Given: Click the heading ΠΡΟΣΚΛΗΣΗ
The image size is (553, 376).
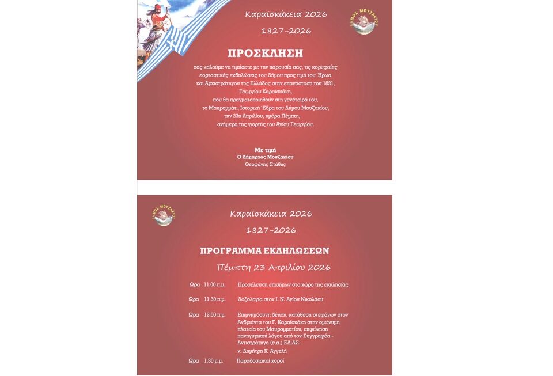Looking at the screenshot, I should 265,54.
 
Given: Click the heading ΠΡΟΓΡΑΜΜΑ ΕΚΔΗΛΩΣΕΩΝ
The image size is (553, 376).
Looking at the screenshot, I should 264,251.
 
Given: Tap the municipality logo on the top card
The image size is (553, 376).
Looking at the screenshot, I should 364,21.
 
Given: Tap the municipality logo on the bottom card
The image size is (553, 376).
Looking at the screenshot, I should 164,215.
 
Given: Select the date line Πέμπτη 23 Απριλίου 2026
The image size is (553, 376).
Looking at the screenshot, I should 273,268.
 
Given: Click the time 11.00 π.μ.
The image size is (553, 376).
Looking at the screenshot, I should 214,284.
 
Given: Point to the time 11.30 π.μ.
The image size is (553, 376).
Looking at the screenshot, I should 214,299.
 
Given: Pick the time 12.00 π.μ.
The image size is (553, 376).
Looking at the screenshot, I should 214,315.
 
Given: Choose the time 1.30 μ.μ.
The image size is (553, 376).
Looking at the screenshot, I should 214,361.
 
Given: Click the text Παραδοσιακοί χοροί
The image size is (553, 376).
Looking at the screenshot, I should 260,361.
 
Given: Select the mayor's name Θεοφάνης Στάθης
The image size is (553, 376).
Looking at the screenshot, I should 265,164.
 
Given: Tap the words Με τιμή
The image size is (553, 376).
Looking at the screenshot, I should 265,150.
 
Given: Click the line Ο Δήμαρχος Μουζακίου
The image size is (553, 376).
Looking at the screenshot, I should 265,157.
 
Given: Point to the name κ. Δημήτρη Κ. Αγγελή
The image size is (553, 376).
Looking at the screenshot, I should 262,351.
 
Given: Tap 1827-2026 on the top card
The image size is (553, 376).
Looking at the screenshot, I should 286,31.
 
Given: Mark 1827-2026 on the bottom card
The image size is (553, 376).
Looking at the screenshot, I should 271,230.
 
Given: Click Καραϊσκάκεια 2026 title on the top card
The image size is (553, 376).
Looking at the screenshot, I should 286,14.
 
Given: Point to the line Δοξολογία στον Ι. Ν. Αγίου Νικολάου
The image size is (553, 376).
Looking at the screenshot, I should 281,299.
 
